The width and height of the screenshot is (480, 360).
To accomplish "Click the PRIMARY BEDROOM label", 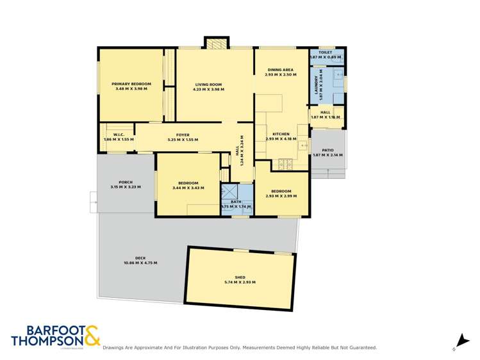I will point(131,84).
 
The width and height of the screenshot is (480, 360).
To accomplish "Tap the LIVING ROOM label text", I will point(209,84).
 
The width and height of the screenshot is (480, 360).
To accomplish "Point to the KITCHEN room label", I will point(281,134).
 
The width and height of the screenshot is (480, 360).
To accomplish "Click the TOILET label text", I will point(326,53).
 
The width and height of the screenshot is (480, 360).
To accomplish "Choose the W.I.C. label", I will point(119,135).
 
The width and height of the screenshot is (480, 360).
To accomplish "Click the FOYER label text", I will point(183,135).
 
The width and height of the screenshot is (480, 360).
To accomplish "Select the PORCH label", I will point(126,182).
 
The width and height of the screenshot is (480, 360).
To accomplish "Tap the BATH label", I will point(236,202).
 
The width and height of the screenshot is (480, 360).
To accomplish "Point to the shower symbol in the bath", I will point(229,192).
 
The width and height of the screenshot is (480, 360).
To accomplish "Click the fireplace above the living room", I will point(216,44).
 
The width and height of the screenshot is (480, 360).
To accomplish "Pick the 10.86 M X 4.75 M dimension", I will point(140,263).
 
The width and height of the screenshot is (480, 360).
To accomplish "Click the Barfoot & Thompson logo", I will point(55,336).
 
